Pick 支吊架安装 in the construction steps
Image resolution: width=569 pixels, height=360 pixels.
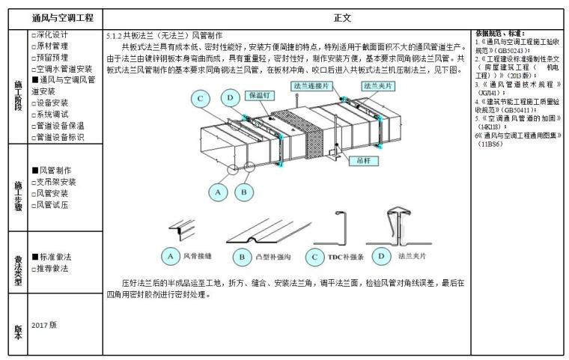56,182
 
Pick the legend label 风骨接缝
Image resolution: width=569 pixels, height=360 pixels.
198,257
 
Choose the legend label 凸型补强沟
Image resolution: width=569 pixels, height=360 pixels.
273,257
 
